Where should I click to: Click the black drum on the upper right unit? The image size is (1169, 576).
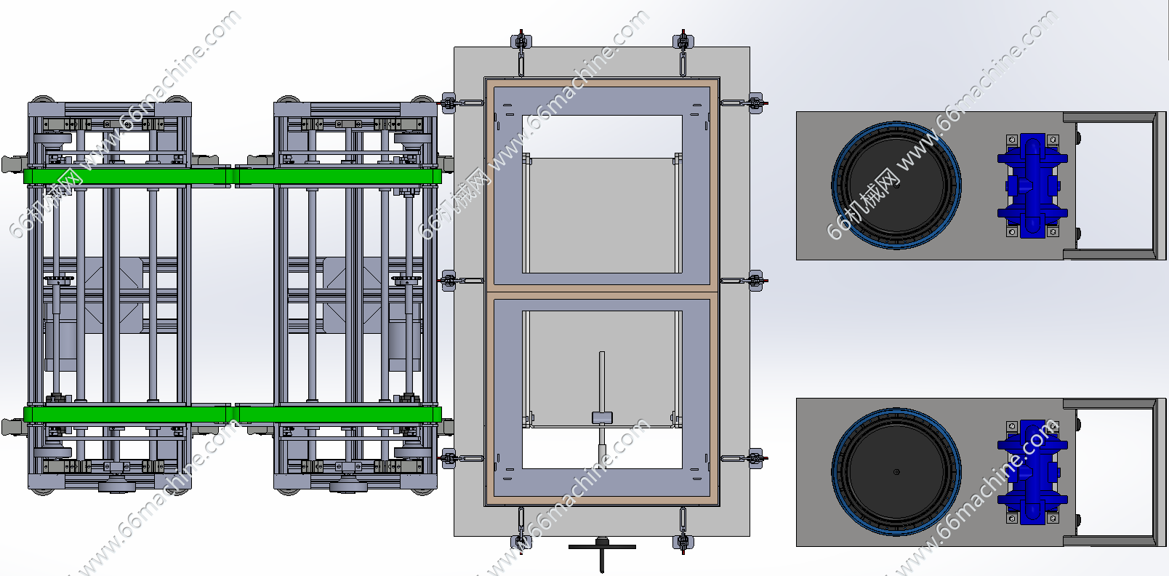[x=896, y=185]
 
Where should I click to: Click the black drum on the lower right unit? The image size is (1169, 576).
[x=896, y=472]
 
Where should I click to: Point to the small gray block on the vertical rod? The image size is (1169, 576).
[x=602, y=417]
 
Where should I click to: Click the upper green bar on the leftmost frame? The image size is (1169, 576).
[x=126, y=176]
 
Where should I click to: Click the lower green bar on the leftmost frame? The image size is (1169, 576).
[x=126, y=415]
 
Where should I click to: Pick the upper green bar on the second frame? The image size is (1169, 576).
[x=338, y=176]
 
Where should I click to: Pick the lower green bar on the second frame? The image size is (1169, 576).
[x=338, y=415]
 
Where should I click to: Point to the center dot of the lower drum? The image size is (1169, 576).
[x=896, y=472]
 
